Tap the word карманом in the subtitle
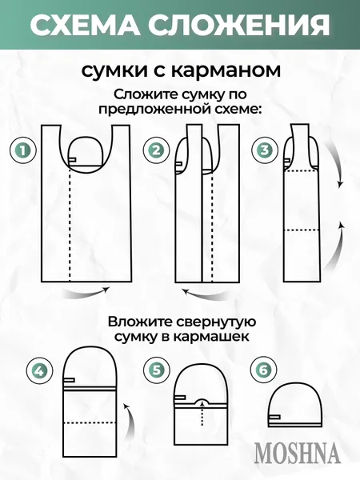(x=234, y=70)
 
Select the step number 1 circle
(x=23, y=150)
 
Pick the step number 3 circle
(x=263, y=150)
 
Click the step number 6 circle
(x=262, y=370)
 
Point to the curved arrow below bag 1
(x=87, y=295)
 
